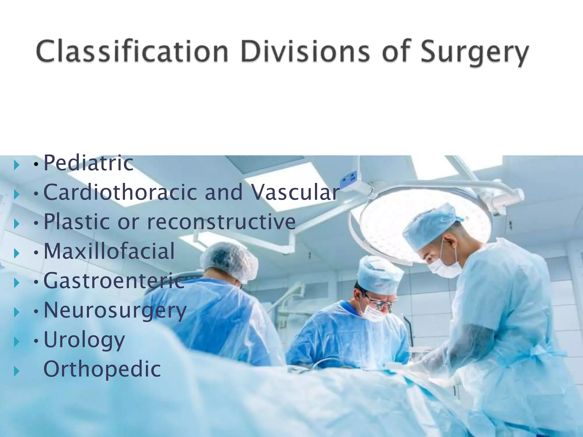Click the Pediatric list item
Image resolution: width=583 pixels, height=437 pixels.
click(x=88, y=163)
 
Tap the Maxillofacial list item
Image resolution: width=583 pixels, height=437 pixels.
click(x=109, y=251)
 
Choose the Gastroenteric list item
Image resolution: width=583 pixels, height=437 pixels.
click(x=114, y=281)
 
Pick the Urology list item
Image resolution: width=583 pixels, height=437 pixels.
click(x=84, y=340)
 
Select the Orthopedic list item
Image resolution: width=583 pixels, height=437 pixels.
click(x=102, y=369)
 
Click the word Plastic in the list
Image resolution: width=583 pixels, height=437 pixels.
click(x=77, y=222)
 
